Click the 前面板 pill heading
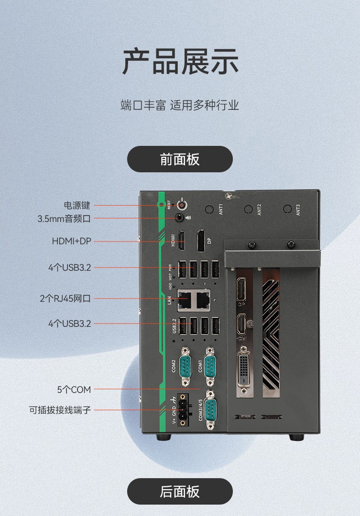[180, 159]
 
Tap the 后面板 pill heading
[180, 491]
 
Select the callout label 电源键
[77, 205]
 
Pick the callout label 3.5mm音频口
[64, 219]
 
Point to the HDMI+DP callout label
[72, 241]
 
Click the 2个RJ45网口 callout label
[65, 299]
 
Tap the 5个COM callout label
[74, 390]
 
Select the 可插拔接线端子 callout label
[60, 410]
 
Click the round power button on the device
[183, 205]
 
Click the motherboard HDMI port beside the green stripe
[181, 241]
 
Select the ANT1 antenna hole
[209, 210]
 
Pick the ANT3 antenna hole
[287, 209]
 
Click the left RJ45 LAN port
[184, 299]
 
